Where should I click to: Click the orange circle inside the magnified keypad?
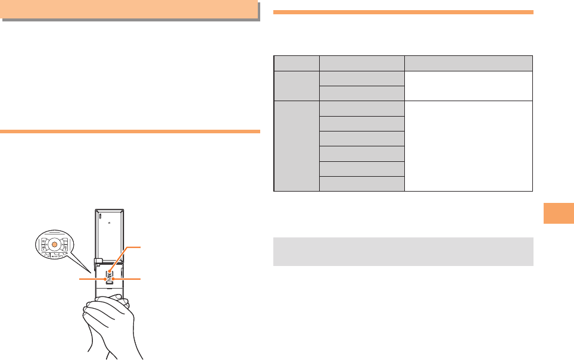(54, 245)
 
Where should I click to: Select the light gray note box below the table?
(403, 251)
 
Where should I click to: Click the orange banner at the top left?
(129, 10)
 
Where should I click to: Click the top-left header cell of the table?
(297, 63)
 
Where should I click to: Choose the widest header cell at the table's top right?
(468, 63)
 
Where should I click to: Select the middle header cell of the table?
(361, 63)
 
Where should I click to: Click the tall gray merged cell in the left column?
(297, 146)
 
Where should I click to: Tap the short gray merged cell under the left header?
(297, 86)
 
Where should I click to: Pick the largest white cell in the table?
(468, 146)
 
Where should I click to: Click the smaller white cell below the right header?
(468, 86)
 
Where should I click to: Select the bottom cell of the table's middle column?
(361, 183)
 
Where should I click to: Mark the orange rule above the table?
(403, 12)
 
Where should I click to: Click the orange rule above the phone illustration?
(129, 131)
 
